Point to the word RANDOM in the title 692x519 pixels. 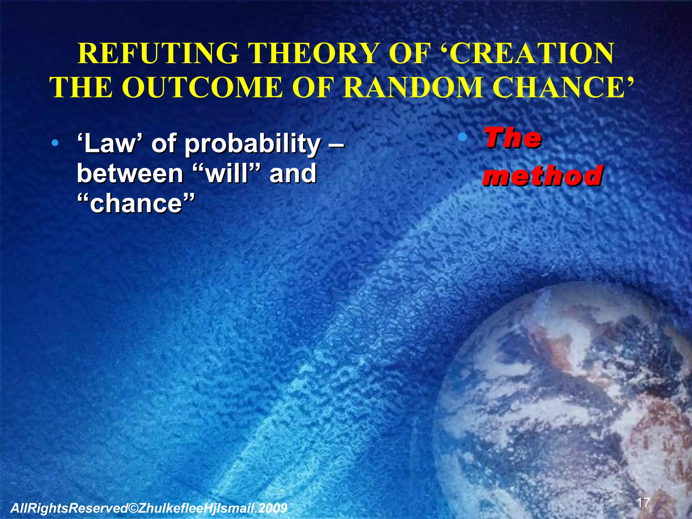click(x=414, y=87)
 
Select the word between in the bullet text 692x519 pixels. click(x=130, y=173)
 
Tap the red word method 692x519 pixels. click(x=543, y=175)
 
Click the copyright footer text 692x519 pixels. click(x=149, y=508)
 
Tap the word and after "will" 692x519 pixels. click(x=293, y=173)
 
